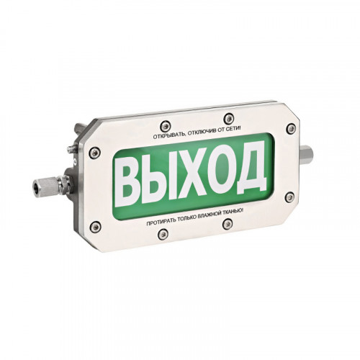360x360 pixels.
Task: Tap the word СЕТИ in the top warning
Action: [x=233, y=129]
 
